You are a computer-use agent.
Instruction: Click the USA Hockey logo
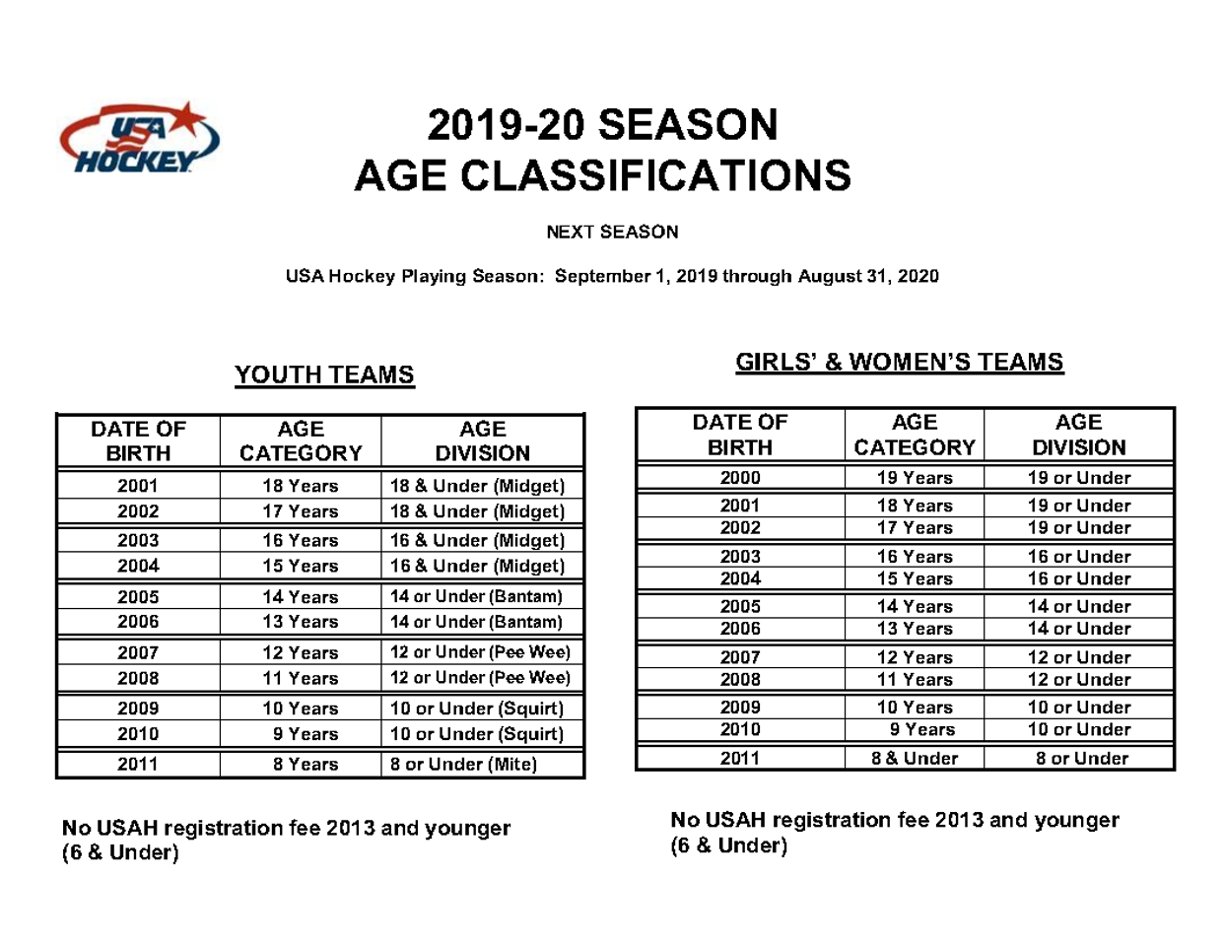click(x=140, y=139)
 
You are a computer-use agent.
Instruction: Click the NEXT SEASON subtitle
click(x=612, y=232)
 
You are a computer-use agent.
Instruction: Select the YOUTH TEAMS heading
click(x=324, y=375)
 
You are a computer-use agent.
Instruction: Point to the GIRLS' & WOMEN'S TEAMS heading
click(x=900, y=362)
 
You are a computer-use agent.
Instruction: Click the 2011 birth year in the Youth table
click(x=138, y=764)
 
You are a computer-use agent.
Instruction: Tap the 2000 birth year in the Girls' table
click(x=740, y=478)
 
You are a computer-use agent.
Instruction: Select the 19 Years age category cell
click(x=915, y=478)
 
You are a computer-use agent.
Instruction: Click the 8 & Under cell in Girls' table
click(x=915, y=758)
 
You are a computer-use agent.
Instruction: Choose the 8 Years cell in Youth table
click(x=306, y=764)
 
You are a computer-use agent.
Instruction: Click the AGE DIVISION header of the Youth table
click(x=483, y=440)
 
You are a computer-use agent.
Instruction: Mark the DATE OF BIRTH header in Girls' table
click(x=740, y=435)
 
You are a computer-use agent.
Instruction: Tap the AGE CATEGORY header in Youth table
click(x=301, y=440)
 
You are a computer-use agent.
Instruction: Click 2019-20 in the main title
click(x=506, y=125)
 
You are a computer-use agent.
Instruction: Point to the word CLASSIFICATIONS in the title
click(x=655, y=175)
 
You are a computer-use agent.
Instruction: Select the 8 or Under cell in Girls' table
click(x=1081, y=758)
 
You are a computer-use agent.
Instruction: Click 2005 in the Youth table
click(x=138, y=597)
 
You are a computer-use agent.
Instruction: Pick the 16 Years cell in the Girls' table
click(x=915, y=557)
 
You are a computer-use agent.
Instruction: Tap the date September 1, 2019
click(x=636, y=276)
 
